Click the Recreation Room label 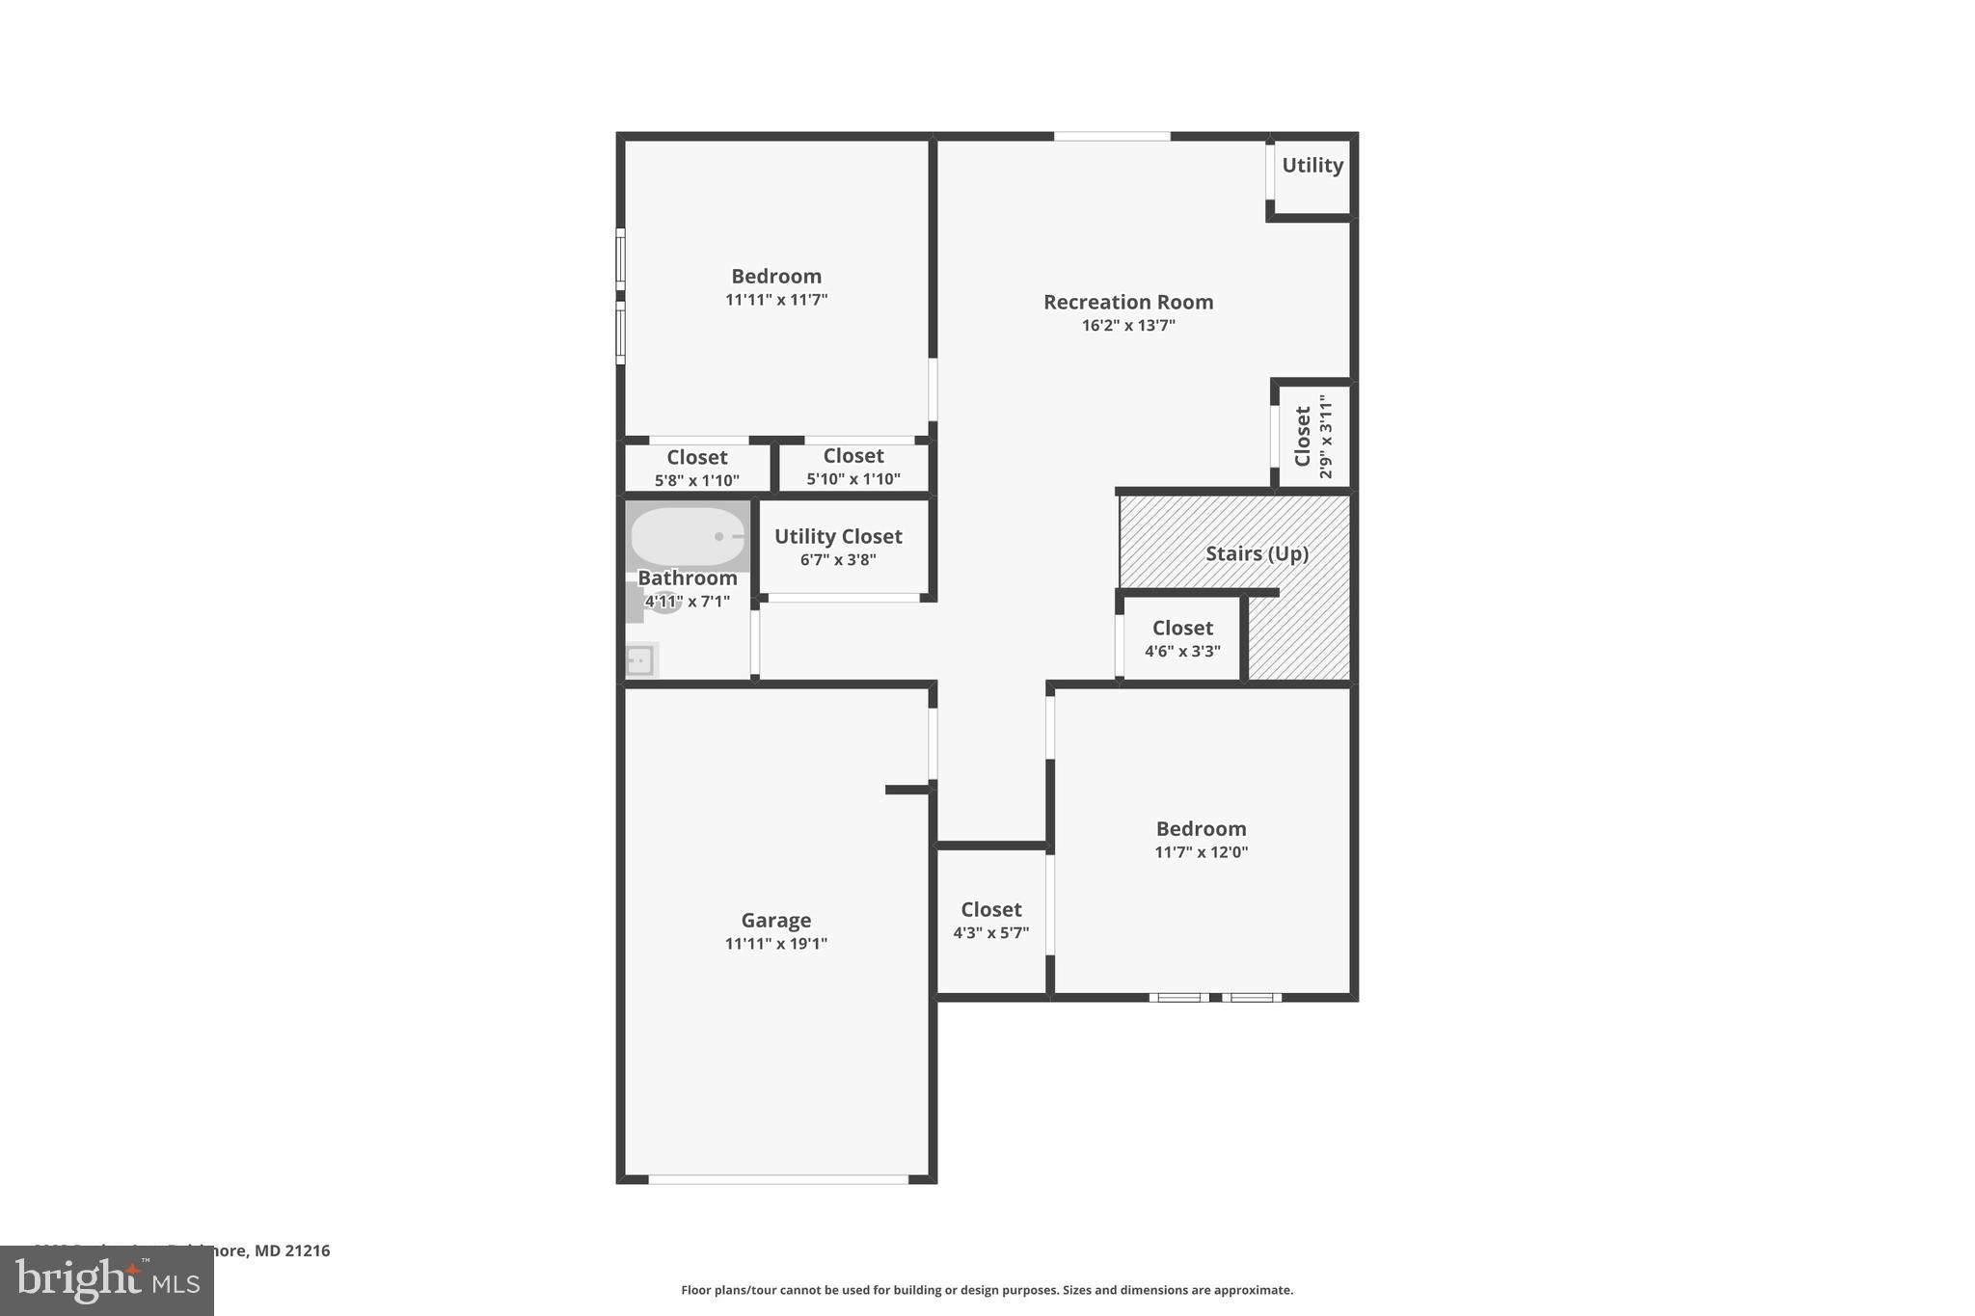pos(1127,302)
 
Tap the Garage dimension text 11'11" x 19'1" pos(775,944)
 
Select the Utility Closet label pos(837,536)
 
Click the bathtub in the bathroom pos(687,536)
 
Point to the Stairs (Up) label pos(1256,553)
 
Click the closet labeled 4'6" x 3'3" pos(1182,638)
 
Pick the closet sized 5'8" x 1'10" pos(696,468)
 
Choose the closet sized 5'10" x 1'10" pos(852,467)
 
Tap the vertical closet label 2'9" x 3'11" pos(1326,436)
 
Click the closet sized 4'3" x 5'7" pos(990,921)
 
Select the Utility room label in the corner pos(1312,166)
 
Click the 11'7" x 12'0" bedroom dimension pos(1201,852)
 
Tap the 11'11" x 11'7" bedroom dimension pos(775,300)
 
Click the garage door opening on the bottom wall pos(777,1179)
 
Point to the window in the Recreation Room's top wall pos(1111,137)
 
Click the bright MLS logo pos(106,1280)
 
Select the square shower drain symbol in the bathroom pos(639,660)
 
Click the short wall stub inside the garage pos(906,790)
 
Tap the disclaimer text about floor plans pos(987,1290)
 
